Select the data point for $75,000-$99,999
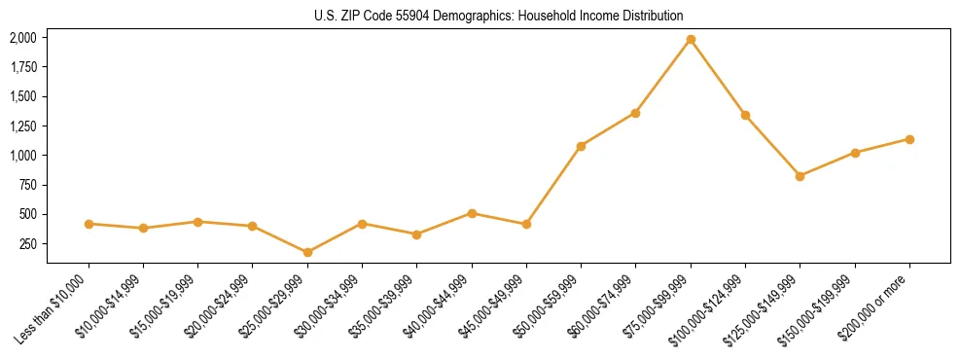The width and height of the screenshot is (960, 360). (x=691, y=40)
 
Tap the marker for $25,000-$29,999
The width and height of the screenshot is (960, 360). (x=307, y=252)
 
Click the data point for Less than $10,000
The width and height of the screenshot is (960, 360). (x=89, y=224)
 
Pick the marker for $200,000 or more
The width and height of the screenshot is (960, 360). (x=909, y=139)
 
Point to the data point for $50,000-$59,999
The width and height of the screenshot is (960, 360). (x=581, y=146)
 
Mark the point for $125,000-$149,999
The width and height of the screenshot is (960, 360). (x=800, y=176)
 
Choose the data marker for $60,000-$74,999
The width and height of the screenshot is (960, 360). (x=635, y=113)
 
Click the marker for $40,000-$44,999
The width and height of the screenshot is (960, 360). (x=472, y=213)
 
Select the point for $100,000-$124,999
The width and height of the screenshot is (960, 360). (x=745, y=115)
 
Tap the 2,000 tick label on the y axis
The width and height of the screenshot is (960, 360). (x=23, y=38)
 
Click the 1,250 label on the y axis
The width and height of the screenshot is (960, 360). (x=23, y=126)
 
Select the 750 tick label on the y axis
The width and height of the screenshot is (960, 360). (x=28, y=185)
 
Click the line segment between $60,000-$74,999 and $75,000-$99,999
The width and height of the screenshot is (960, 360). (x=663, y=77)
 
